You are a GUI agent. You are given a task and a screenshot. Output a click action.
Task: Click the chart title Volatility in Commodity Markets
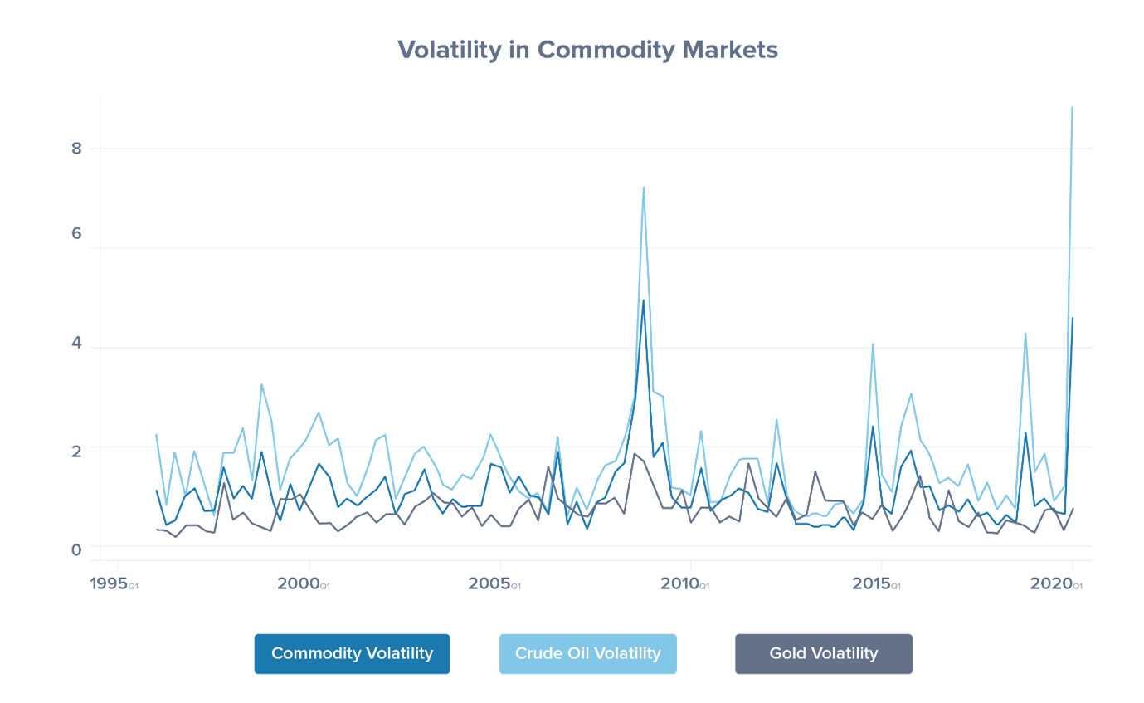(x=587, y=50)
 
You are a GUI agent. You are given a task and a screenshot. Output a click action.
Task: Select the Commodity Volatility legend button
(x=352, y=654)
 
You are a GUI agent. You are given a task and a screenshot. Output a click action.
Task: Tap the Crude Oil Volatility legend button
(x=587, y=654)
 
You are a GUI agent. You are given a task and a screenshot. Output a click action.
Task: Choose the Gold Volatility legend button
(x=823, y=654)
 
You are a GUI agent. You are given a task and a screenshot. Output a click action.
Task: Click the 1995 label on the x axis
(x=110, y=583)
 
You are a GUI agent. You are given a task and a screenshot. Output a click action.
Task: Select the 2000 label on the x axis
(x=299, y=583)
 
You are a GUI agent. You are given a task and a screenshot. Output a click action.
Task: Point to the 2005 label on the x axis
(x=489, y=583)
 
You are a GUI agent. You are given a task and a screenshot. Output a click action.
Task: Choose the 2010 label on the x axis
(x=680, y=583)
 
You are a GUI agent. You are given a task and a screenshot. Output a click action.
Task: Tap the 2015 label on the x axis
(x=871, y=583)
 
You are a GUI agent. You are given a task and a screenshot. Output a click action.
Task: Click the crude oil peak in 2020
(x=1072, y=107)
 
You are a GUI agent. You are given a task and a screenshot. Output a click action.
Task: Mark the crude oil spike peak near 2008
(x=643, y=188)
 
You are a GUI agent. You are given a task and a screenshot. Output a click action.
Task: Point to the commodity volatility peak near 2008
(x=643, y=301)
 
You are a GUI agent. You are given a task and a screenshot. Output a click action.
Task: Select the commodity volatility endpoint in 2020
(x=1072, y=318)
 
